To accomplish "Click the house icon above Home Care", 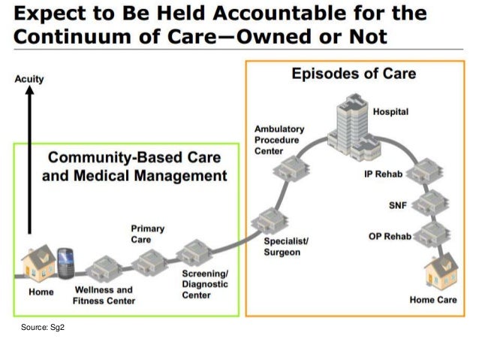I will click(x=441, y=273).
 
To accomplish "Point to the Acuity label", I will click(x=29, y=79).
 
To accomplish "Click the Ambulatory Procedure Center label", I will click(x=276, y=140).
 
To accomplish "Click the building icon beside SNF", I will click(x=433, y=202).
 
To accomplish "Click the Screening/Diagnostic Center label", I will click(x=205, y=284).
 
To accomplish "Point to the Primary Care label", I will click(x=148, y=234).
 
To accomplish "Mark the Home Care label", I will click(x=432, y=300).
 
